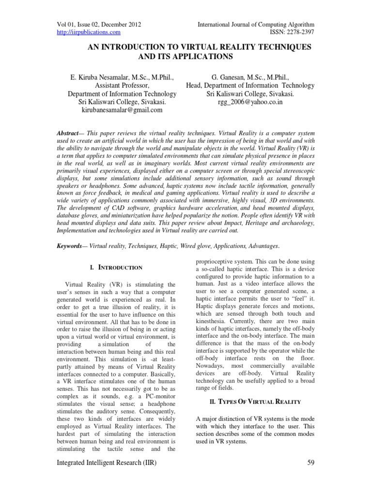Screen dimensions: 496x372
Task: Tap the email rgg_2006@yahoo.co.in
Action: [x=250, y=102]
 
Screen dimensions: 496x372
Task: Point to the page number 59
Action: [x=311, y=464]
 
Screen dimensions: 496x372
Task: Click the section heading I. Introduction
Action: [x=116, y=267]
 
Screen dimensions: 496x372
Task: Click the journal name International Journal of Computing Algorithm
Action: [x=256, y=24]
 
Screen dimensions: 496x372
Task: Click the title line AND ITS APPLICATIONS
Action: [x=186, y=57]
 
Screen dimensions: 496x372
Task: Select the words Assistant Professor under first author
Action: [x=122, y=85]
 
